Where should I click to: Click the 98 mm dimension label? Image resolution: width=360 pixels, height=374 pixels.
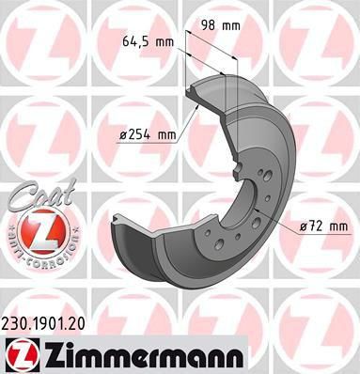pos(220,25)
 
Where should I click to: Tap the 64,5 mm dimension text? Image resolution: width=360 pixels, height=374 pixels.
pos(148,41)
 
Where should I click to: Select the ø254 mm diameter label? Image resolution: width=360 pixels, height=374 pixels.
pos(149,135)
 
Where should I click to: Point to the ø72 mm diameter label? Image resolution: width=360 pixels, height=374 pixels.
pos(324,226)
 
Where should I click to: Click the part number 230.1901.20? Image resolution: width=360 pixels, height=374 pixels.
pos(43,324)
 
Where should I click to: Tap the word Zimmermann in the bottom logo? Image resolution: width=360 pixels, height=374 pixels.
pos(144,356)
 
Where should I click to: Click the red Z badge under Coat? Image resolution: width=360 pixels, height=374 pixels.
pos(40,233)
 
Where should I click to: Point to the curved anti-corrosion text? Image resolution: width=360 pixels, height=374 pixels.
pos(40,247)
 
